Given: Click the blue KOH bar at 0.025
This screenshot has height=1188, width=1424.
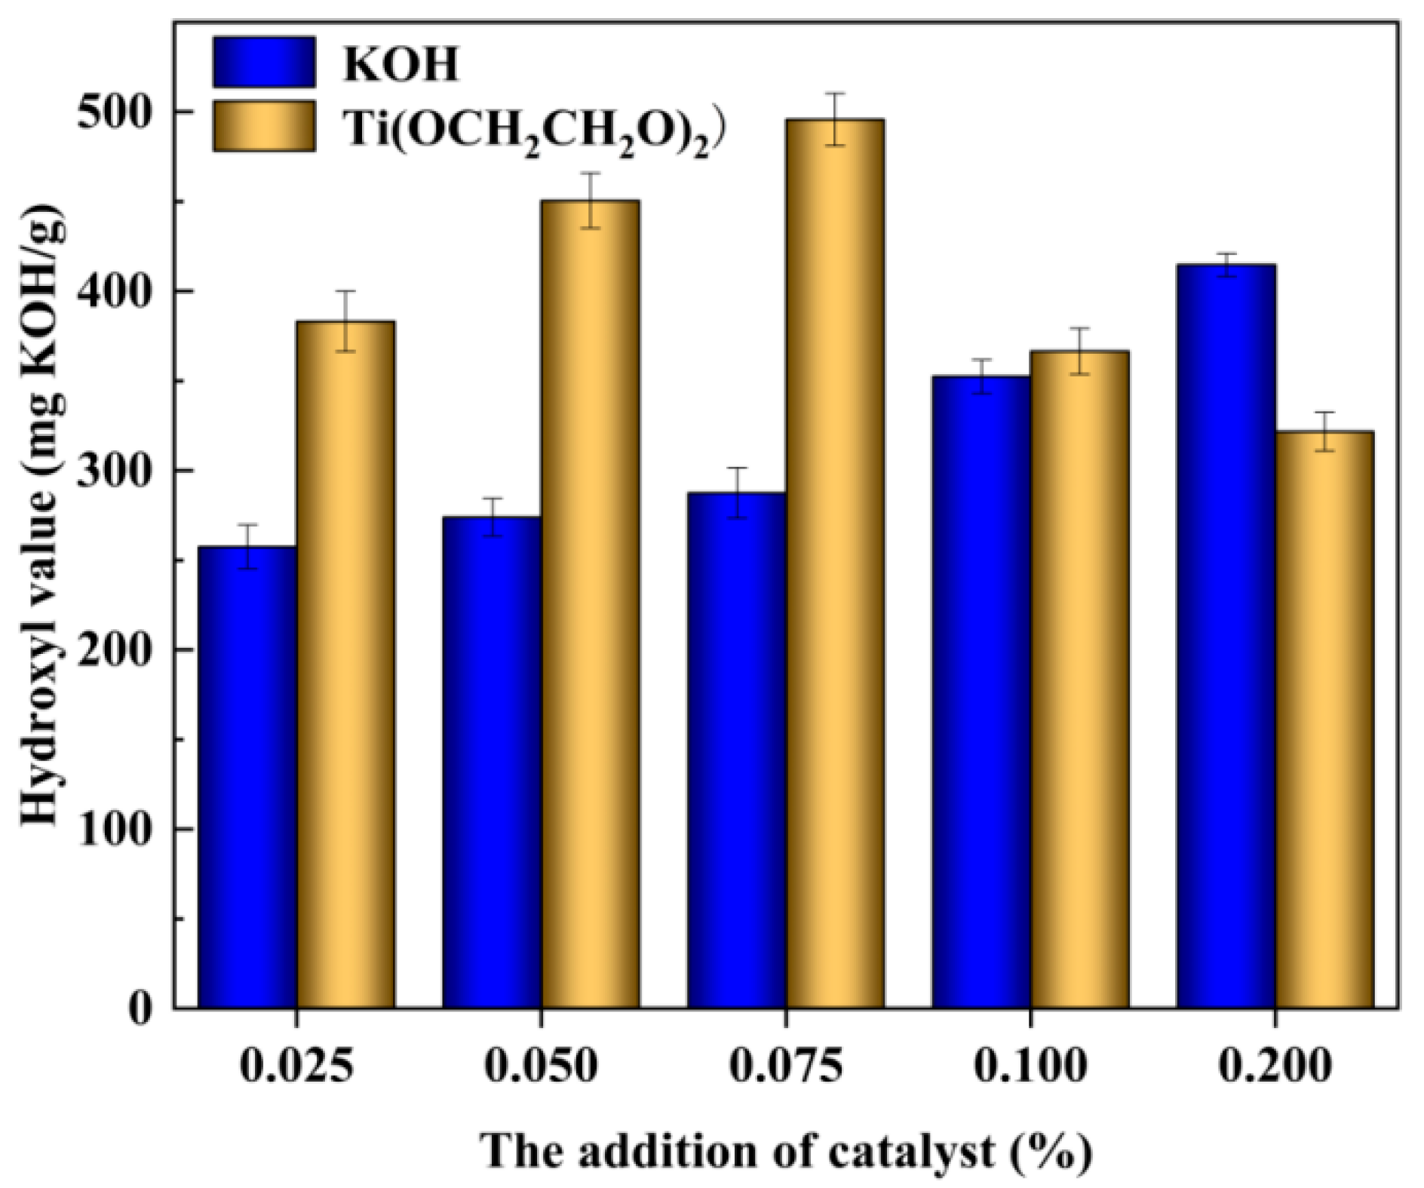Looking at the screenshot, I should click(247, 777).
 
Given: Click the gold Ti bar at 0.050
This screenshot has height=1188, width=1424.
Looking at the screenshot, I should click(591, 603).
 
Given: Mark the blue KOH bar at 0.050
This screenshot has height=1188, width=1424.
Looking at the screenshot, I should click(492, 762).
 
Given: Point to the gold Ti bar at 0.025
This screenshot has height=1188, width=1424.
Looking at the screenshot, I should click(345, 664).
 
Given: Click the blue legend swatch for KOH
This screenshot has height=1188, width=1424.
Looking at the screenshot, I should click(264, 62).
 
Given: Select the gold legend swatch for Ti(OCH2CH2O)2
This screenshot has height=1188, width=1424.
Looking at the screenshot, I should click(264, 126).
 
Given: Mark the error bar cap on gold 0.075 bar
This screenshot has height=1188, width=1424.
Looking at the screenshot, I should click(835, 94).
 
